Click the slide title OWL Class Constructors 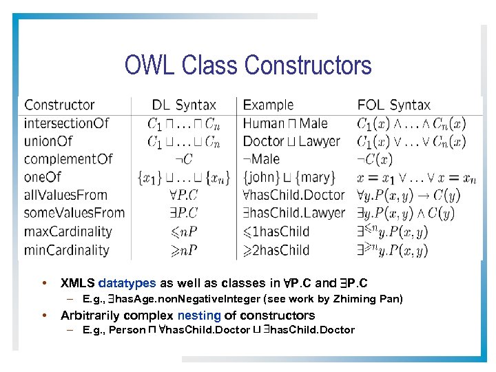[248, 65]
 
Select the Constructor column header [59, 105]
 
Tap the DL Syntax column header [184, 105]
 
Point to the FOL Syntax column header [393, 105]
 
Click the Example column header [268, 105]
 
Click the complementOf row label [68, 159]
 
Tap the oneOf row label [43, 177]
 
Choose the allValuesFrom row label [66, 195]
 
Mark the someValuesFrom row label [74, 213]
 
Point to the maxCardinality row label [68, 231]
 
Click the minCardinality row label [66, 249]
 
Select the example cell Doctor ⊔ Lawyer [291, 141]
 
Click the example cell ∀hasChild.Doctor [293, 195]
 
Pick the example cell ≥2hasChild [276, 249]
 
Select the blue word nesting [198, 316]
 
